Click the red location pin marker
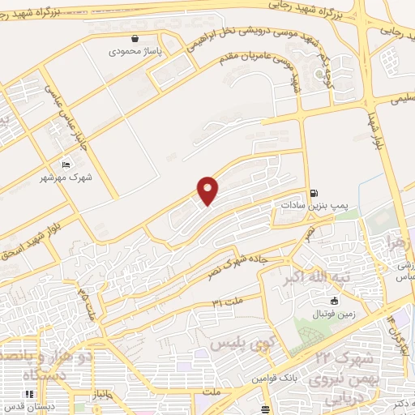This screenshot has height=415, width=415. pos(208,190)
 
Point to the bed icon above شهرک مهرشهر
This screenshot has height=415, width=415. pos(66,163)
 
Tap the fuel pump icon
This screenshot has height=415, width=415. pos(313,193)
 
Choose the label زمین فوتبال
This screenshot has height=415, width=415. pos(335,314)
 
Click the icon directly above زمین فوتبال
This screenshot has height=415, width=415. pos(334,302)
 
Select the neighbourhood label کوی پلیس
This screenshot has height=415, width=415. pos(238,344)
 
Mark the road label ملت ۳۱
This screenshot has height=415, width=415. pos(228,302)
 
